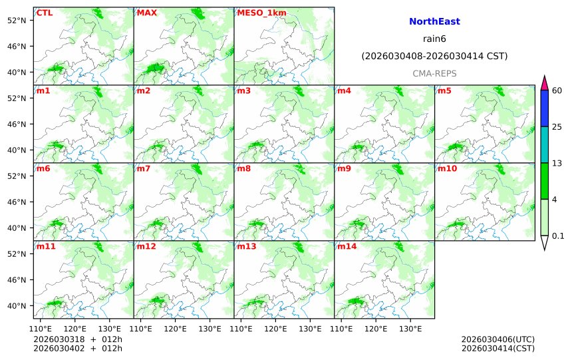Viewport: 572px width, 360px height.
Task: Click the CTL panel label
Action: coord(45,13)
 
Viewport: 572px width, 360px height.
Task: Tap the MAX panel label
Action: coord(146,13)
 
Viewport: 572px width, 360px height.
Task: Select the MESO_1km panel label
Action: coord(257,13)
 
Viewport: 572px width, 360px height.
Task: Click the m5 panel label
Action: coord(444,90)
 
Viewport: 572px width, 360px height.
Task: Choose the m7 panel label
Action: coord(144,168)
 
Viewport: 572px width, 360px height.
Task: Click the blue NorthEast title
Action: coord(434,22)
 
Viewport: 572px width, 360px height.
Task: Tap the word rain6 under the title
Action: coord(434,39)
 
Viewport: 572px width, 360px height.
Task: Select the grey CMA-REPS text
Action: coord(434,73)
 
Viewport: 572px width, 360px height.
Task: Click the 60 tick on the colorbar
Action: coord(557,90)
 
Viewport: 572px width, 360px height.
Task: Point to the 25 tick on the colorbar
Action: coord(557,126)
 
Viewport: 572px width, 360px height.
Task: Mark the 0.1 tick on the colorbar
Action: coord(558,236)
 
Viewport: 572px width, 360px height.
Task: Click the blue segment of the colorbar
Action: coord(544,108)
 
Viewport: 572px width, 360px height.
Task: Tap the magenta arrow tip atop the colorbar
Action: coord(544,83)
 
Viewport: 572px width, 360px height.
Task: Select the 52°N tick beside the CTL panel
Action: coord(16,20)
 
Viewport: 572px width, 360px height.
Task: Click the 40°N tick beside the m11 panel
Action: coord(16,306)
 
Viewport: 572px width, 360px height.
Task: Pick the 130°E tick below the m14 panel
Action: coord(410,329)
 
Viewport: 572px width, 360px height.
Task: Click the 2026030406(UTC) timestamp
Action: coord(498,339)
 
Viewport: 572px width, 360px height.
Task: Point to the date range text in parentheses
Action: coord(434,57)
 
